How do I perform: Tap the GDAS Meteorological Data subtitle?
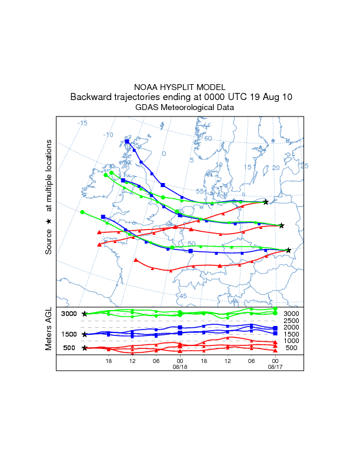[180, 108]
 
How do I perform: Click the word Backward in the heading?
[89, 97]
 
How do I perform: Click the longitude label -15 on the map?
[82, 123]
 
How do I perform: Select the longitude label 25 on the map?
[304, 166]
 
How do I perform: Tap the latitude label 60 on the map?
[208, 138]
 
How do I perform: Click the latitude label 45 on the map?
[182, 296]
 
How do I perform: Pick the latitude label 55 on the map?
[199, 191]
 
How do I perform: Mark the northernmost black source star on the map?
[266, 202]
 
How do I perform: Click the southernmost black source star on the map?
[288, 250]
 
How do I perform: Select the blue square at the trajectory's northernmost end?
[127, 141]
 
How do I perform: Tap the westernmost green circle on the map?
[82, 212]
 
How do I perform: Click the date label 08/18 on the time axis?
[179, 366]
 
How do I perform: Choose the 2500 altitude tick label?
[292, 321]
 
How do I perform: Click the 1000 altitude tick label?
[292, 341]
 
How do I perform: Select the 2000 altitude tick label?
[292, 328]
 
